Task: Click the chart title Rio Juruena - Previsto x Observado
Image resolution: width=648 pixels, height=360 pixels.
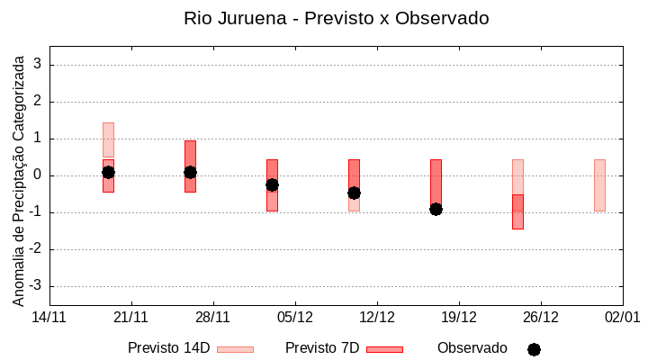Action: tap(336, 18)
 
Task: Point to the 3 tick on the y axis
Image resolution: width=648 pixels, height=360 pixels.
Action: tap(38, 65)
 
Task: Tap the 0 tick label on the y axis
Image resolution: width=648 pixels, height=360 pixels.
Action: tap(38, 175)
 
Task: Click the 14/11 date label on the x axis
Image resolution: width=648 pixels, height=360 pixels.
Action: tap(49, 317)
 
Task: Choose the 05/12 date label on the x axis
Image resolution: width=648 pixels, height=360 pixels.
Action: tap(295, 317)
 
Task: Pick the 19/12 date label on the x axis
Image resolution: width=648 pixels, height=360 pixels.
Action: tap(459, 317)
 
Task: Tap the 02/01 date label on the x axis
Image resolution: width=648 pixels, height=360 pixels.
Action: tap(622, 317)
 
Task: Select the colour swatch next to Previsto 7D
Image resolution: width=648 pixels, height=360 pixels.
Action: tap(384, 349)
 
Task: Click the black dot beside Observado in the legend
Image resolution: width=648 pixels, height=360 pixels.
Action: tap(534, 349)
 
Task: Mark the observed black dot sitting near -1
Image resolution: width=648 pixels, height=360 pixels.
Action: tap(436, 209)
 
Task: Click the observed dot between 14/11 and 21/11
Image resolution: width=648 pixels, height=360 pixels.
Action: tap(108, 172)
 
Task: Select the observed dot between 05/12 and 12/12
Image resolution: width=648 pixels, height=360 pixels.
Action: tap(354, 193)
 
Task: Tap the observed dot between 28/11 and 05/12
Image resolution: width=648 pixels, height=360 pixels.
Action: tap(272, 184)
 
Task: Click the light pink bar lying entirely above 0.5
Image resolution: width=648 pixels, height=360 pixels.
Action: tap(108, 139)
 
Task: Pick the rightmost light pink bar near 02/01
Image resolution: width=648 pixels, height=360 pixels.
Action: tap(599, 184)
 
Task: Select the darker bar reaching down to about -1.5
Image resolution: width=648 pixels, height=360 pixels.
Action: tap(517, 211)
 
